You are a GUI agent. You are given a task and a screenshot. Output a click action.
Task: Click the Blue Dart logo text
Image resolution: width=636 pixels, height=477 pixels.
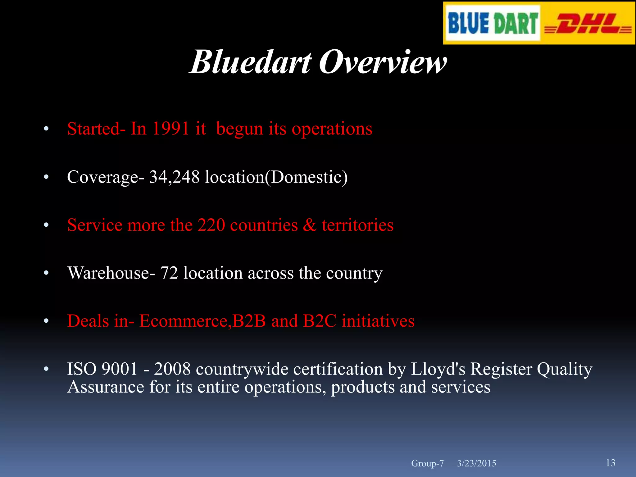click(x=493, y=23)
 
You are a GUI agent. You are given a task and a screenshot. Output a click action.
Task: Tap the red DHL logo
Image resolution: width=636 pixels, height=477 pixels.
click(x=588, y=24)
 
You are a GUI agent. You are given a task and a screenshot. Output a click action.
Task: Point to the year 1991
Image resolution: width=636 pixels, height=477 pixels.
click(x=170, y=128)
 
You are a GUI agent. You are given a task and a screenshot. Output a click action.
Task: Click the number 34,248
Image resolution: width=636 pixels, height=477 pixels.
click(x=174, y=177)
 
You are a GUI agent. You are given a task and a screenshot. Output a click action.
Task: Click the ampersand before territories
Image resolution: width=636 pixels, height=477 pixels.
click(x=310, y=225)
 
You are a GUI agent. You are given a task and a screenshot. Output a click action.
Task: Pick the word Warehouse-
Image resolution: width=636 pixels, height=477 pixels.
click(x=111, y=273)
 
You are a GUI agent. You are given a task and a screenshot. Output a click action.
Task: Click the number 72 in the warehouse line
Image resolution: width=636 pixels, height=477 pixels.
click(x=169, y=273)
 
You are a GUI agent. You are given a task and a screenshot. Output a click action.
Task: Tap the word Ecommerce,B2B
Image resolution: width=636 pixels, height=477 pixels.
click(x=202, y=321)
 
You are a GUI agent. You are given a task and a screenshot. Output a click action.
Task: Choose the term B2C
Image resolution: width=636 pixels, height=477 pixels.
click(x=320, y=321)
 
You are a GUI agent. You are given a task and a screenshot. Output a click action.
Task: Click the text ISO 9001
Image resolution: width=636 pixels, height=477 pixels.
click(x=102, y=369)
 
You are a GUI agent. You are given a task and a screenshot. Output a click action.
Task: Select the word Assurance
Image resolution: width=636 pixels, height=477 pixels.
click(x=106, y=387)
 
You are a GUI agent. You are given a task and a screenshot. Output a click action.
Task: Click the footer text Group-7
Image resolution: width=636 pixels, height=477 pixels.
click(x=427, y=463)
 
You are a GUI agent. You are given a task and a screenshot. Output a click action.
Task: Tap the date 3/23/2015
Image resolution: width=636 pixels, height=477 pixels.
click(x=476, y=463)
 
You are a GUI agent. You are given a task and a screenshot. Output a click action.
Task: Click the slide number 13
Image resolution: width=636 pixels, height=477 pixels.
click(x=611, y=463)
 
